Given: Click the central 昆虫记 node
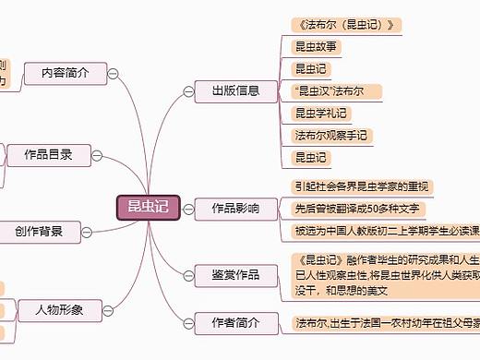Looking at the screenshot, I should point(148,207).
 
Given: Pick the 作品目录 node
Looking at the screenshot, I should point(48,153).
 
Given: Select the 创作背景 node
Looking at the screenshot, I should point(39,231).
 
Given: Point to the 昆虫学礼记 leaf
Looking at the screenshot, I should point(319,114).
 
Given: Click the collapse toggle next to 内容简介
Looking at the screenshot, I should point(112,73).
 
